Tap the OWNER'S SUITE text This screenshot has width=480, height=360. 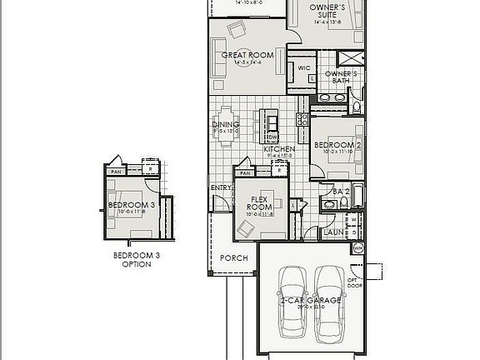pyautogui.click(x=327, y=11)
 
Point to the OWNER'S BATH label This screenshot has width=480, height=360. pyautogui.click(x=345, y=77)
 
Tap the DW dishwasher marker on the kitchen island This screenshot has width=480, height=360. pyautogui.click(x=271, y=137)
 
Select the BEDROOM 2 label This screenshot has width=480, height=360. pyautogui.click(x=337, y=146)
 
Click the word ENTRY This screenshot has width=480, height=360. pyautogui.click(x=220, y=187)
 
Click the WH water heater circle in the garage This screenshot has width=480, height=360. pyautogui.click(x=359, y=247)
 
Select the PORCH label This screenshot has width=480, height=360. pyautogui.click(x=233, y=258)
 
